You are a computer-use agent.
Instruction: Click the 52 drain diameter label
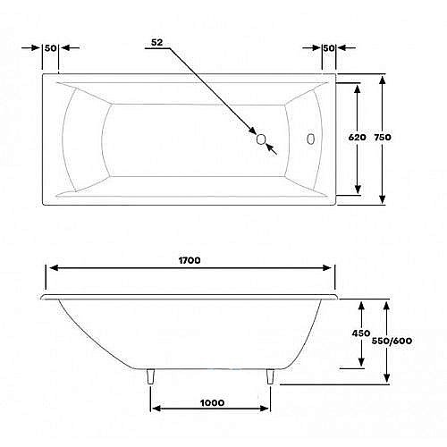(157, 43)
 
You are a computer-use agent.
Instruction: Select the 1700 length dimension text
(190, 260)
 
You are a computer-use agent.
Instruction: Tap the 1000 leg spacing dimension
(212, 403)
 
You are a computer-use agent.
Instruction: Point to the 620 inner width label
(357, 138)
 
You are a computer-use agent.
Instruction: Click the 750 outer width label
(383, 138)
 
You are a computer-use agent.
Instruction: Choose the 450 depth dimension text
(361, 333)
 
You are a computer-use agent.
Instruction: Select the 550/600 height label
(392, 341)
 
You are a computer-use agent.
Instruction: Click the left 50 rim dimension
(50, 48)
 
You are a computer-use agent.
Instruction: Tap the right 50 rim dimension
(329, 48)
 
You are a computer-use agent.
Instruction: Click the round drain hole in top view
(261, 139)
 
